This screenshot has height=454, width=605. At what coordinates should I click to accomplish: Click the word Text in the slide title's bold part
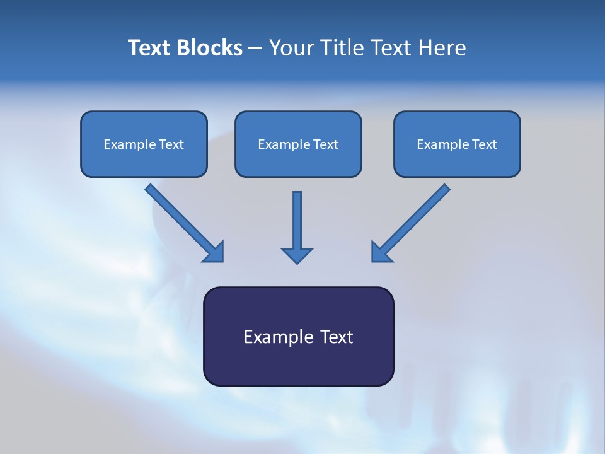(x=149, y=48)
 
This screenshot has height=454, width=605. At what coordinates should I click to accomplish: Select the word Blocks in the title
(x=209, y=48)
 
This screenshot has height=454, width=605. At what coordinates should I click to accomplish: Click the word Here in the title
(x=442, y=48)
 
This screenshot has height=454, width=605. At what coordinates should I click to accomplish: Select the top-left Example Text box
(x=144, y=144)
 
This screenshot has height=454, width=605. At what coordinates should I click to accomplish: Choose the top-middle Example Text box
(x=298, y=144)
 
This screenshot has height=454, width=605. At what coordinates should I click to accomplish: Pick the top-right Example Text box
(x=458, y=144)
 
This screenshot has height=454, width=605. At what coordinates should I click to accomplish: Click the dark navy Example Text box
(x=299, y=336)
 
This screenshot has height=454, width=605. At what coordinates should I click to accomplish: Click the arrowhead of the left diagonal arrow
(x=216, y=253)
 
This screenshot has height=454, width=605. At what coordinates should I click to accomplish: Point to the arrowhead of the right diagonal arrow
(x=379, y=253)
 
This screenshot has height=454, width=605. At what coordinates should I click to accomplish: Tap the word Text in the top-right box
(x=485, y=144)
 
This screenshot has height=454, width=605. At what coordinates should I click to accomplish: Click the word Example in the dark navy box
(x=274, y=337)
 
